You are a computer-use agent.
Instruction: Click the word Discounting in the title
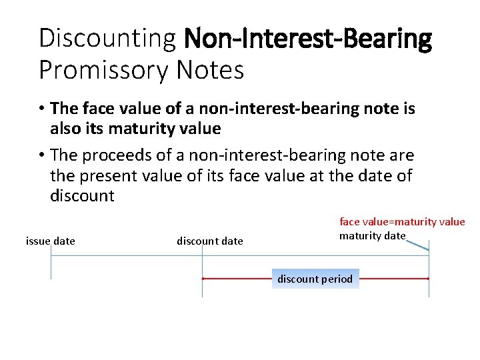point(107,38)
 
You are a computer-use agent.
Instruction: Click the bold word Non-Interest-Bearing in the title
point(308,38)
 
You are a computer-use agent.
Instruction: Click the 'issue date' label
point(51,241)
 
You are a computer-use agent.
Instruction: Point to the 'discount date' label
point(210,241)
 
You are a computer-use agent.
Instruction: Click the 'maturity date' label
point(372,235)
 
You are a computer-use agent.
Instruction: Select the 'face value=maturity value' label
point(402,221)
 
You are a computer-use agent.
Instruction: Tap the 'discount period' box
point(315,279)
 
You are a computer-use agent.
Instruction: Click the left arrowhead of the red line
point(204,279)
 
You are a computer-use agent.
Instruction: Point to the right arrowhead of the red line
point(427,279)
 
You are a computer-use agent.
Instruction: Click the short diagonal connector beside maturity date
point(417,245)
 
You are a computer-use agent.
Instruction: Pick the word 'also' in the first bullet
point(65,128)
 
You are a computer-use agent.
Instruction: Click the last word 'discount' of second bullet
point(82,196)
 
